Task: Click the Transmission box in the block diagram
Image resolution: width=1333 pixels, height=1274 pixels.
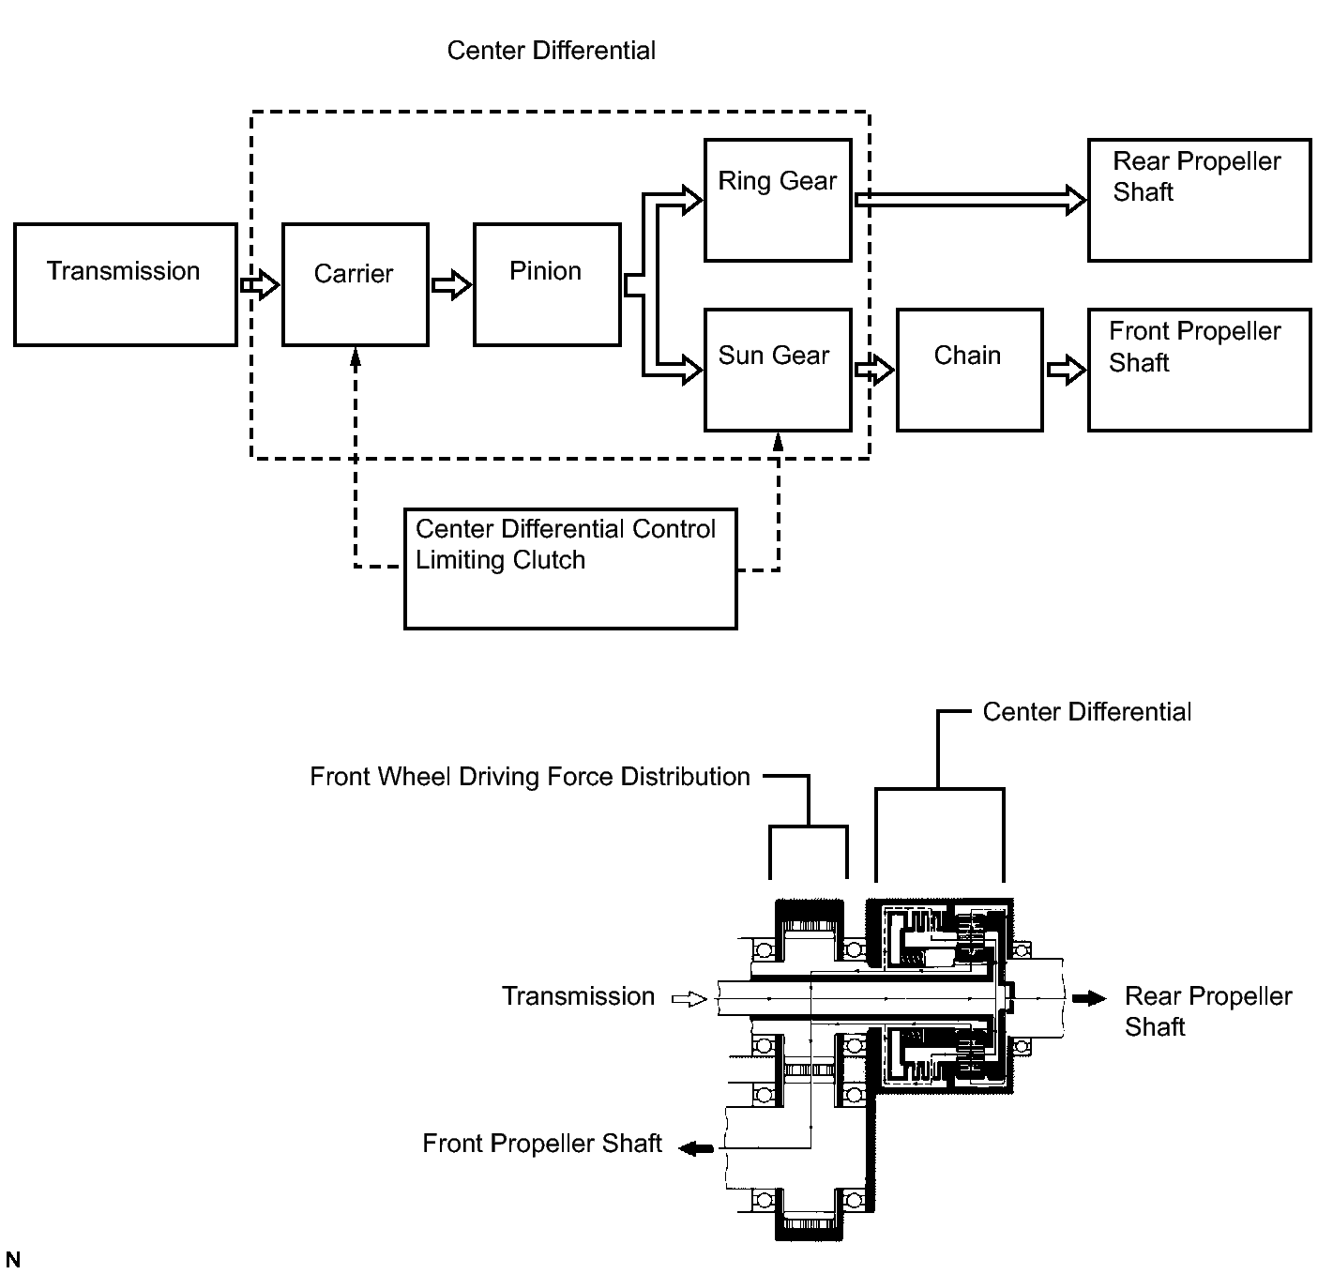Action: pos(126,284)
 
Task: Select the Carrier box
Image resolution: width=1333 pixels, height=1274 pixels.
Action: pos(356,284)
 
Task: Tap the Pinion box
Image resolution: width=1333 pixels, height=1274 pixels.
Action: pos(547,284)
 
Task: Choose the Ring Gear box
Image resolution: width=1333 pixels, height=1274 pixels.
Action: pos(778,200)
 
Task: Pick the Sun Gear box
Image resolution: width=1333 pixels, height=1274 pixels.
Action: pos(778,370)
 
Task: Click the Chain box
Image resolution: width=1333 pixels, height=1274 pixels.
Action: pos(969,370)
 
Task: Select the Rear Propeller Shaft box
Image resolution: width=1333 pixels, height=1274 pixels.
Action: pos(1199,200)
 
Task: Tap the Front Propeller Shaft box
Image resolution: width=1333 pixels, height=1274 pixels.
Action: pos(1199,370)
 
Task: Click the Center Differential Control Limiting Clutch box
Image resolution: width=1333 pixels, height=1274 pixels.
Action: pos(570,569)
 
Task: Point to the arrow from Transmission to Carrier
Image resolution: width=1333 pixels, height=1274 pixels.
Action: pos(260,283)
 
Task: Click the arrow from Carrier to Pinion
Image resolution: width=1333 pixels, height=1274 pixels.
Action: pos(451,283)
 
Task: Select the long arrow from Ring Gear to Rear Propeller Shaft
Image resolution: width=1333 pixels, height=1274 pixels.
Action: pos(970,199)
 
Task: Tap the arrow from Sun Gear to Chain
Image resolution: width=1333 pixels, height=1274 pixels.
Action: pos(874,369)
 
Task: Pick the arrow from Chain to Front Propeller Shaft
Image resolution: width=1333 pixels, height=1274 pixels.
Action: pos(1066,369)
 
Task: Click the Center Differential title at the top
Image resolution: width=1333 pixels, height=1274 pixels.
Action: pos(551,51)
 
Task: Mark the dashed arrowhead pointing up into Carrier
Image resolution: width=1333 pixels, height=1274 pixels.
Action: pos(356,357)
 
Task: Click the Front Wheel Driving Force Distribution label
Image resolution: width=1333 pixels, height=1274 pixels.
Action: pos(530,777)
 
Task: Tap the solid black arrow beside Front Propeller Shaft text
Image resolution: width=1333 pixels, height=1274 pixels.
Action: pos(696,1147)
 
